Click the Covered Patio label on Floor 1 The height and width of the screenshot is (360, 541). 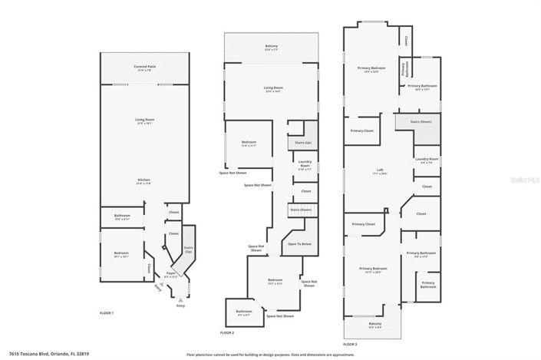[x=145, y=68]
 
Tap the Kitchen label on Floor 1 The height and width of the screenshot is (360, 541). [x=145, y=180]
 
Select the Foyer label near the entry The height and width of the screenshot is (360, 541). [x=172, y=272]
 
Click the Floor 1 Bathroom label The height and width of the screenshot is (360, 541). [x=123, y=216]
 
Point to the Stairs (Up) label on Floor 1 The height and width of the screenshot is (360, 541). [x=189, y=249]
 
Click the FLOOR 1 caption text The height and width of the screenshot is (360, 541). [x=107, y=313]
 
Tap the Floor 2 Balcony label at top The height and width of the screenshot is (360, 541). [x=271, y=46]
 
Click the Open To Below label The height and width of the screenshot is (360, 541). [x=299, y=243]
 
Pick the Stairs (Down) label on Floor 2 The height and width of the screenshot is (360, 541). [x=300, y=210]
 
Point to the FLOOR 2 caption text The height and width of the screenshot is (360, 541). [x=226, y=332]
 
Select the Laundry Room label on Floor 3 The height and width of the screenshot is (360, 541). [x=427, y=160]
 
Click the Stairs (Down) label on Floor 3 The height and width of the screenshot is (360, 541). [x=421, y=121]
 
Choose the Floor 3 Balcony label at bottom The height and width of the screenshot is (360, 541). [x=374, y=325]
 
